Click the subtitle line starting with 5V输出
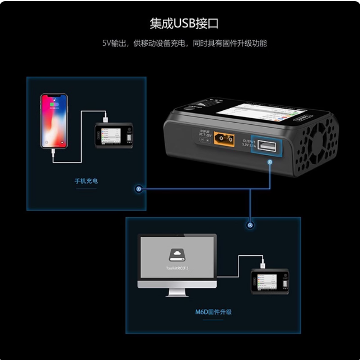(184, 43)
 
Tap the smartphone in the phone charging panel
(53, 120)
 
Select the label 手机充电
(86, 181)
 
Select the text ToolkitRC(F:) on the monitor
(176, 268)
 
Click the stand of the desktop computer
(176, 292)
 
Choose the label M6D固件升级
(212, 311)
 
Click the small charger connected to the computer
(270, 282)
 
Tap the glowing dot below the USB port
(270, 162)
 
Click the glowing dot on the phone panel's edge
(138, 189)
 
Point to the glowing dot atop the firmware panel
(250, 225)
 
